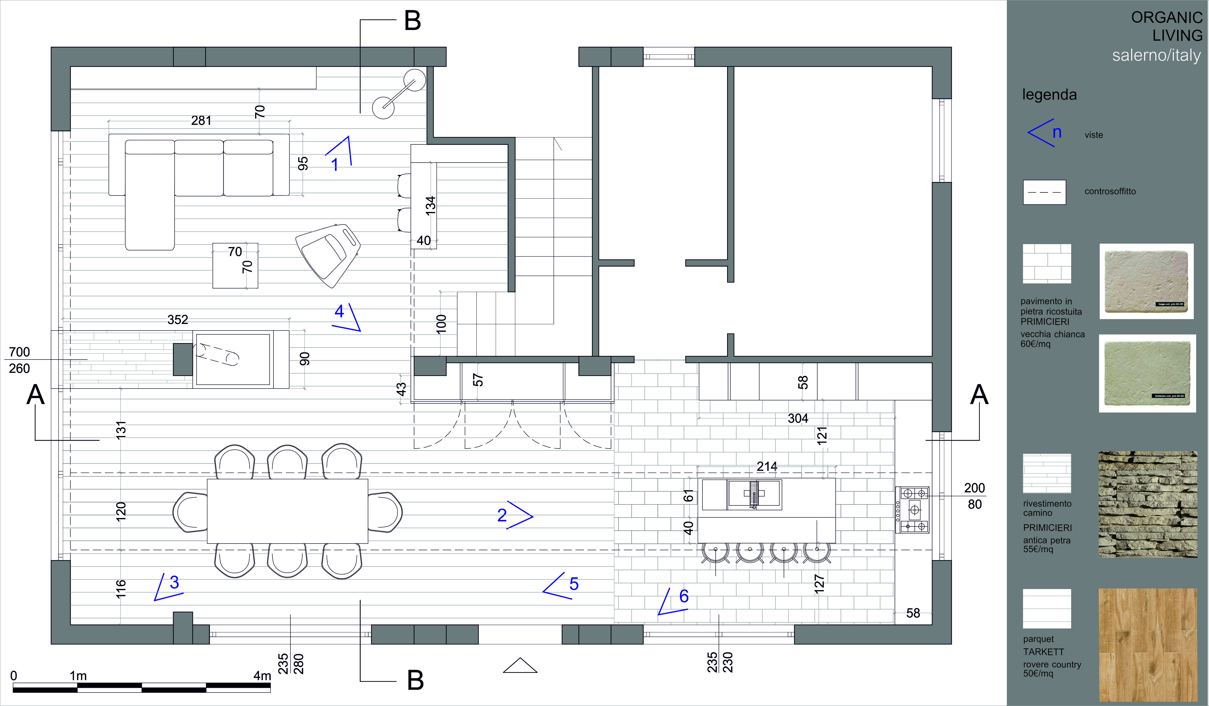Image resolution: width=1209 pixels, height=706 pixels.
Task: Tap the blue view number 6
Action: (684, 596)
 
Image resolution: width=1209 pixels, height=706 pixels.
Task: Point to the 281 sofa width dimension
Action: (201, 120)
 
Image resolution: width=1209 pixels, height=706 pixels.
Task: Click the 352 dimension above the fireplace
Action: (177, 320)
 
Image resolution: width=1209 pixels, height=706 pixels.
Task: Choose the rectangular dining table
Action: (287, 511)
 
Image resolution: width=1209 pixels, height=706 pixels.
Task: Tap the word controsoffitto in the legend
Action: (1110, 191)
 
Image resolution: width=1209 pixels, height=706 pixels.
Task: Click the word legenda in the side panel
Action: (1049, 95)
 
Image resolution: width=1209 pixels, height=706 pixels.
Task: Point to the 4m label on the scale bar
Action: (262, 675)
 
